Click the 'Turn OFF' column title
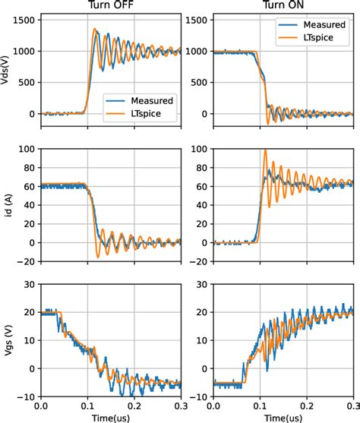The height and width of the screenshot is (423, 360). [x=112, y=5]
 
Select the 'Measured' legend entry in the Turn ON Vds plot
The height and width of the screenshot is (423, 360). [x=319, y=25]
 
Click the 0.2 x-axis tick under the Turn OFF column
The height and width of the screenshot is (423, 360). [x=134, y=406]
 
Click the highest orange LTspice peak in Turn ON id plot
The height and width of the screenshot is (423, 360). [x=264, y=150]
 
